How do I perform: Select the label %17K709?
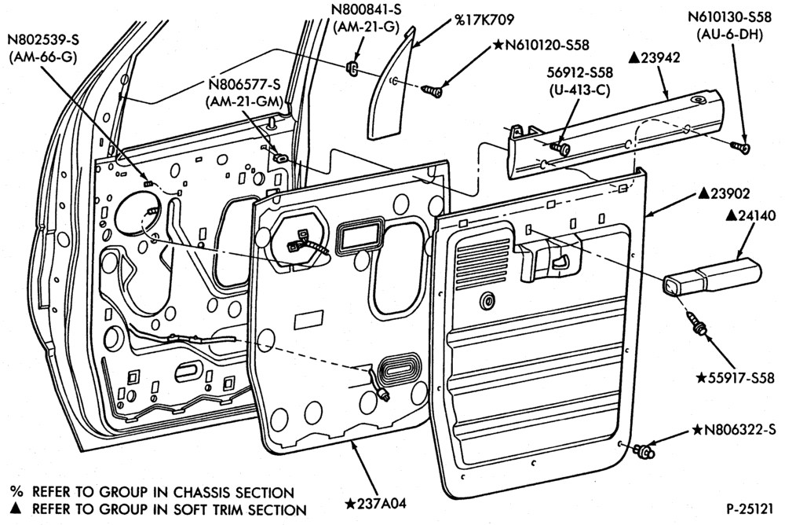[x=484, y=20]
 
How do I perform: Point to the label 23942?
[x=654, y=57]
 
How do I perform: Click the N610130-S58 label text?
[x=729, y=17]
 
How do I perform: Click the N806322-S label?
[x=734, y=430]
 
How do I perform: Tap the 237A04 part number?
[x=375, y=503]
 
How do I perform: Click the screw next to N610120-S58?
[x=432, y=90]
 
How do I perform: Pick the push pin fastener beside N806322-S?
[x=644, y=450]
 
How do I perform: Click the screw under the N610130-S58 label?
[x=740, y=147]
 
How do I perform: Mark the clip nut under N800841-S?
[x=352, y=67]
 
